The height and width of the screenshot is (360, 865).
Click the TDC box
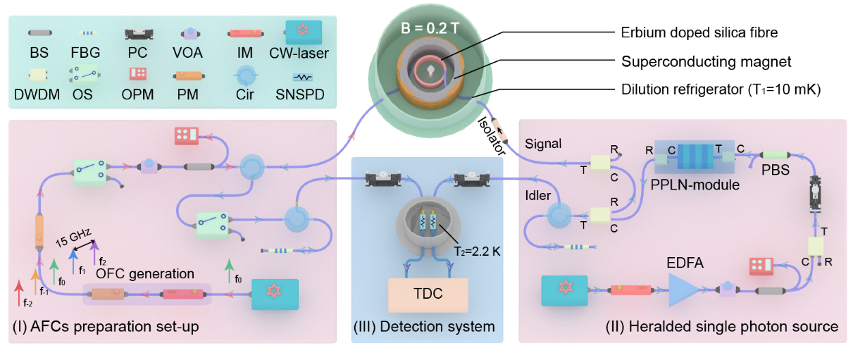pos(428,294)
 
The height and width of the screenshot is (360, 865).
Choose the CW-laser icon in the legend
pos(304,32)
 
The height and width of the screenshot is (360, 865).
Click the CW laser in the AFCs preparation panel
pos(275,291)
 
